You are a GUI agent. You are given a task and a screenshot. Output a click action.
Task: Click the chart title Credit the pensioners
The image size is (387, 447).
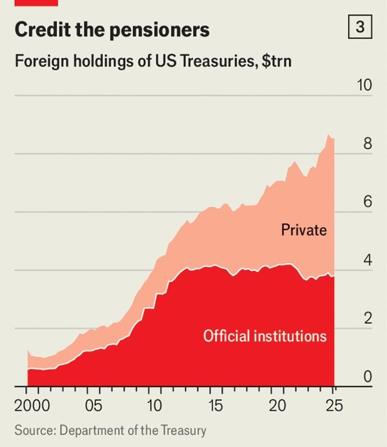112,30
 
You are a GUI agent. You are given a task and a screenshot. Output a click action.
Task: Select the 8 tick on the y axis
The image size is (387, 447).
368,144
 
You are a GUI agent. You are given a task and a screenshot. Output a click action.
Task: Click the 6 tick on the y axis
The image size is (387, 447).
368,202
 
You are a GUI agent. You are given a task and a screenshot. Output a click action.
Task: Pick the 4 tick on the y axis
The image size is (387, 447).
368,261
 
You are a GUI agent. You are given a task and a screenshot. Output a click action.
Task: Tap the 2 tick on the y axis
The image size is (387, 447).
368,319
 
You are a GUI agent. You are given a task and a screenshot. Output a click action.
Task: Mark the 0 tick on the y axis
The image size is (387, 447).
368,377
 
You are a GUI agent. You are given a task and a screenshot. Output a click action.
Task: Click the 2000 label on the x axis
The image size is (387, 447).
31,407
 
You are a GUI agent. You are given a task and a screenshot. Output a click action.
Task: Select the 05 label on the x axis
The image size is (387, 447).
94,407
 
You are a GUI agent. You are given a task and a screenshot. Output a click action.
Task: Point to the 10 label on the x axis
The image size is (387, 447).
154,407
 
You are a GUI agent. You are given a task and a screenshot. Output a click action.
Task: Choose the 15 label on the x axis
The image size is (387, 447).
215,407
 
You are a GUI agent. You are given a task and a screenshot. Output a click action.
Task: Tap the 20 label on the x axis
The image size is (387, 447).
277,407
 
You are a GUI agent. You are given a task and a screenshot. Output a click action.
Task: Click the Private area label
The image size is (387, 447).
304,230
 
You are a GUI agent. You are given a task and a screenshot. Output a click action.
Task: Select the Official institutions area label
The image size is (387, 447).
264,336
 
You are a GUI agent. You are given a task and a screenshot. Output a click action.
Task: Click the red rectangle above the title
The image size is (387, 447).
36,3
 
